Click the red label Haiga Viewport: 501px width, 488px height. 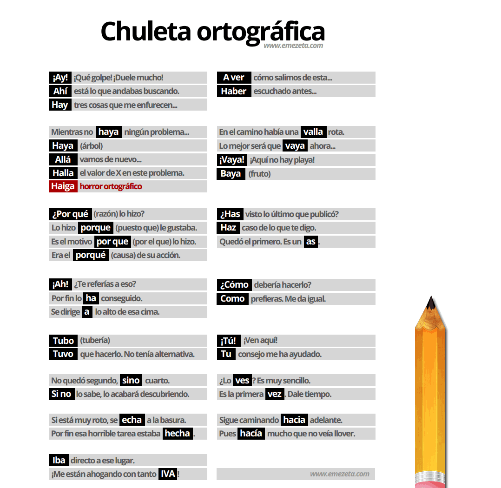[x=63, y=186]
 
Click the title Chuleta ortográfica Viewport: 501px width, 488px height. [x=212, y=31]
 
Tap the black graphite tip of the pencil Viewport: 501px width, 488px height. [x=431, y=303]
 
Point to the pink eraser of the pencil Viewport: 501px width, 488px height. [x=431, y=484]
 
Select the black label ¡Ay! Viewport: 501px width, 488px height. [x=60, y=78]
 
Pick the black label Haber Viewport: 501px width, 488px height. [x=234, y=91]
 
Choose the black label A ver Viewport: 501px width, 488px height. [x=234, y=78]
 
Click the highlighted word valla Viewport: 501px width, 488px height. [x=313, y=132]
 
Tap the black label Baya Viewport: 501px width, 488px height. [x=231, y=174]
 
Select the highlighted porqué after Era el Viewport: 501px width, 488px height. [x=91, y=255]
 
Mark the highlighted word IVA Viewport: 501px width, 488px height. [x=167, y=474]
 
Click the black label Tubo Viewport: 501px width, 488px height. [x=63, y=341]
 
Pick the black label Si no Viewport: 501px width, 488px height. [x=61, y=394]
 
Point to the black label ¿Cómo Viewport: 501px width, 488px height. [x=234, y=285]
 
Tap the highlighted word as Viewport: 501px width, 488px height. [x=311, y=242]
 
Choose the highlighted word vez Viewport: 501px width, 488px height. [x=275, y=394]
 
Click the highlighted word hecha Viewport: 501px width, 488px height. [x=178, y=434]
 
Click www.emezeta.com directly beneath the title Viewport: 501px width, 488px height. [x=293, y=46]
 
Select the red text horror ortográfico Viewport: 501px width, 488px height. [x=111, y=186]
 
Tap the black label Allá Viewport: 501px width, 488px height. [x=63, y=159]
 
